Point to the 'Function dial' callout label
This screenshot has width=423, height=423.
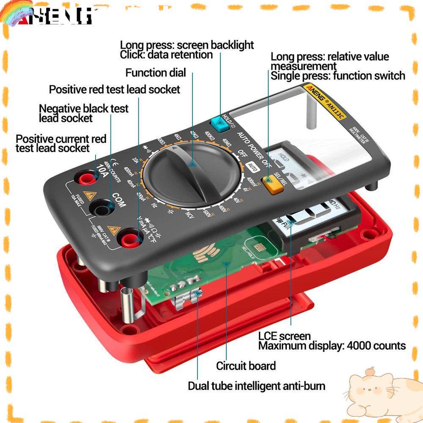tap(156, 73)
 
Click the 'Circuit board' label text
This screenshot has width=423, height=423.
tap(246, 366)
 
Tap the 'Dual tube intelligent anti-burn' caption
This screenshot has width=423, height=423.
tap(257, 386)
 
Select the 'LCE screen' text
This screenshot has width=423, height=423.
tap(284, 336)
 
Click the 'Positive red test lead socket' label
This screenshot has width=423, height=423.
tap(115, 89)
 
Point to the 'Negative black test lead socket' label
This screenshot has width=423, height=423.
tap(83, 113)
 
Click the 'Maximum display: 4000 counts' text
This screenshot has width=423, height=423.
tap(332, 346)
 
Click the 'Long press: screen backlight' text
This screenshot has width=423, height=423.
tap(187, 45)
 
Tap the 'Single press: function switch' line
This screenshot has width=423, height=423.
tap(338, 76)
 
